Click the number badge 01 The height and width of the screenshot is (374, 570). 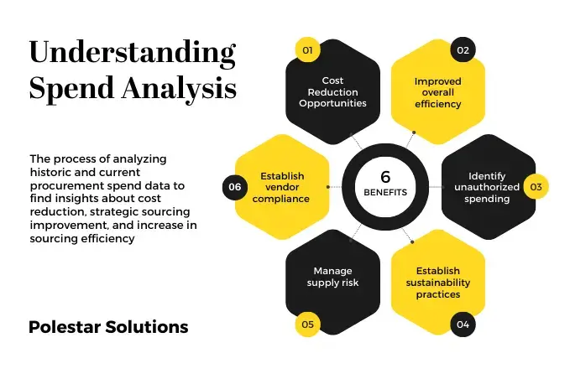pos(308,50)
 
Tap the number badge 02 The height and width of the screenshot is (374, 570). pos(462,50)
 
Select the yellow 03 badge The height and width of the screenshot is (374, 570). pos(536,186)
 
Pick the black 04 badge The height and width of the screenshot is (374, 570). pos(462,324)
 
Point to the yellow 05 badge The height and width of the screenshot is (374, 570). pos(308,324)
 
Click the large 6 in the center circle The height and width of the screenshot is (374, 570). pos(385,177)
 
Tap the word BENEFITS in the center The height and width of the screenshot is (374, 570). pos(385,192)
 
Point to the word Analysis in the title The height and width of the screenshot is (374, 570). pos(182,88)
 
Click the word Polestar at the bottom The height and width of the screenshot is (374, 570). pos(65,327)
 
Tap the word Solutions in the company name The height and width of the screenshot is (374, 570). pos(148,327)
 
